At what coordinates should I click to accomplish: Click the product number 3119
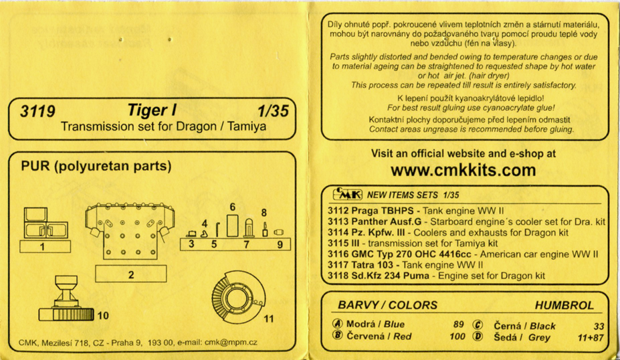pyautogui.click(x=37, y=112)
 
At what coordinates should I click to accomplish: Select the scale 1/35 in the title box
pyautogui.click(x=273, y=111)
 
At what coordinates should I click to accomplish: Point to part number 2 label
pyautogui.click(x=131, y=274)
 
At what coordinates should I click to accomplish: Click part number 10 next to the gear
pyautogui.click(x=103, y=315)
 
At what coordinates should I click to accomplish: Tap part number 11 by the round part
pyautogui.click(x=268, y=319)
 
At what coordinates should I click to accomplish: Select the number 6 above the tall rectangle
pyautogui.click(x=233, y=207)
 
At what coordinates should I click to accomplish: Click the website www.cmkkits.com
pyautogui.click(x=463, y=171)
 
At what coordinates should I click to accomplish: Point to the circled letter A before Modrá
pyautogui.click(x=338, y=324)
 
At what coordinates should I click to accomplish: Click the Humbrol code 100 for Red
pyautogui.click(x=457, y=337)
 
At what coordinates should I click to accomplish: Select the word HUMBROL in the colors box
pyautogui.click(x=564, y=305)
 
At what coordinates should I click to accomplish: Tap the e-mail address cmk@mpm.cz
pyautogui.click(x=231, y=343)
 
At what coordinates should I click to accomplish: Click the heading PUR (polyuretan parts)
pyautogui.click(x=96, y=167)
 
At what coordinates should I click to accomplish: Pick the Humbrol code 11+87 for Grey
pyautogui.click(x=591, y=338)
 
